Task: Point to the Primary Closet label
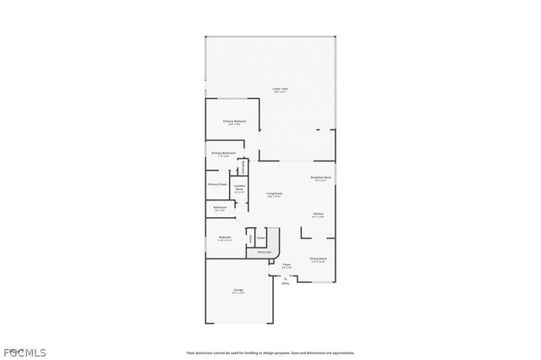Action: [217, 183]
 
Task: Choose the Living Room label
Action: [275, 194]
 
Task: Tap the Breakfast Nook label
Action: [321, 178]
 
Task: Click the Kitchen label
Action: [318, 214]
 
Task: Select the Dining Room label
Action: [318, 259]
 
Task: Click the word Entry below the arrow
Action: [285, 284]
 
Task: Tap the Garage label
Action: [239, 291]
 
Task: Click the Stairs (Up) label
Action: [264, 252]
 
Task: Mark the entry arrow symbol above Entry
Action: [285, 278]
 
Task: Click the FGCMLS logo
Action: [23, 352]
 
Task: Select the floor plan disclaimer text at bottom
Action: [270, 352]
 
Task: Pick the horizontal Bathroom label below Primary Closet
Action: [220, 208]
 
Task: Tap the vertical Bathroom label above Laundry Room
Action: [243, 166]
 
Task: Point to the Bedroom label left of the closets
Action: [225, 237]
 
